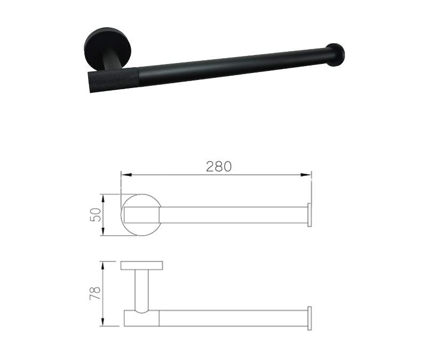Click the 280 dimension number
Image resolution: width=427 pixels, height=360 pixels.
pos(218,166)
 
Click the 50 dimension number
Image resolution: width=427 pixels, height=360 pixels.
pos(96,215)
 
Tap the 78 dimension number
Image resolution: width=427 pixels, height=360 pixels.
pos(95,293)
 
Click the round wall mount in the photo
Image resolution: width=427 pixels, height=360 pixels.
pos(107,47)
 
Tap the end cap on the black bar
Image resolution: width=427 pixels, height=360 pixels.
pos(336,54)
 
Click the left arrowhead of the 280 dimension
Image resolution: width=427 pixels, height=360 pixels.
pos(126,175)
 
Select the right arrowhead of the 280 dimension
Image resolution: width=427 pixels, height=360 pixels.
pos(306,175)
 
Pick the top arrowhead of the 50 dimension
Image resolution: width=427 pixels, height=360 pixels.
pos(102,199)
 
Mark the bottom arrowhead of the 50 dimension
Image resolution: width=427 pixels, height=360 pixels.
pos(102,231)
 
